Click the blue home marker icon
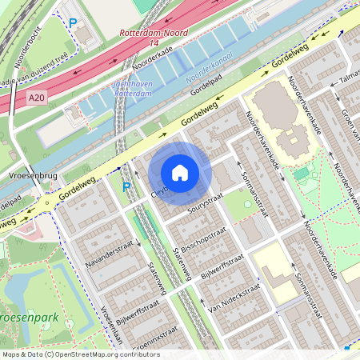tap(180, 172)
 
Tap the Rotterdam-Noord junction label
tap(151, 34)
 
